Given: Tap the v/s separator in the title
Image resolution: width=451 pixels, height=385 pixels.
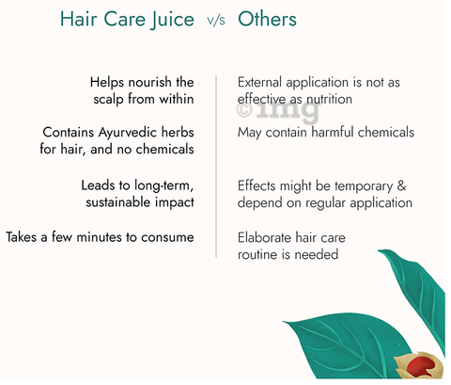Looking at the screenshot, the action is pyautogui.click(x=216, y=21).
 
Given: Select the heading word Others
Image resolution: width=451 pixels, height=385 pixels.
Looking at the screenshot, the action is pyautogui.click(x=267, y=19).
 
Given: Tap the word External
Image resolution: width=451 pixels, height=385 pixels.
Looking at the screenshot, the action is pyautogui.click(x=260, y=82).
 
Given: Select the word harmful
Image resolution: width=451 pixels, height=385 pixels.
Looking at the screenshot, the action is pyautogui.click(x=333, y=132).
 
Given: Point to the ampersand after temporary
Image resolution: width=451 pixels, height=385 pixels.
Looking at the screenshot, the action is pyautogui.click(x=401, y=185).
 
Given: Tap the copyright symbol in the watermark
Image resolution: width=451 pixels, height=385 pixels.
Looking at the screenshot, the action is pyautogui.click(x=244, y=110).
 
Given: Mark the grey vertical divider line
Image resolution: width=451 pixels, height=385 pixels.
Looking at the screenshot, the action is pyautogui.click(x=216, y=167).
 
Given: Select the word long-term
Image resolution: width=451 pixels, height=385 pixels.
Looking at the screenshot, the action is pyautogui.click(x=164, y=186).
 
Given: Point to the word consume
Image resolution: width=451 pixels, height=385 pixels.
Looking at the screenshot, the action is pyautogui.click(x=167, y=237).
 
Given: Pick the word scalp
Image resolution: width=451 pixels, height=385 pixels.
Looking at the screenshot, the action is pyautogui.click(x=108, y=100).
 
